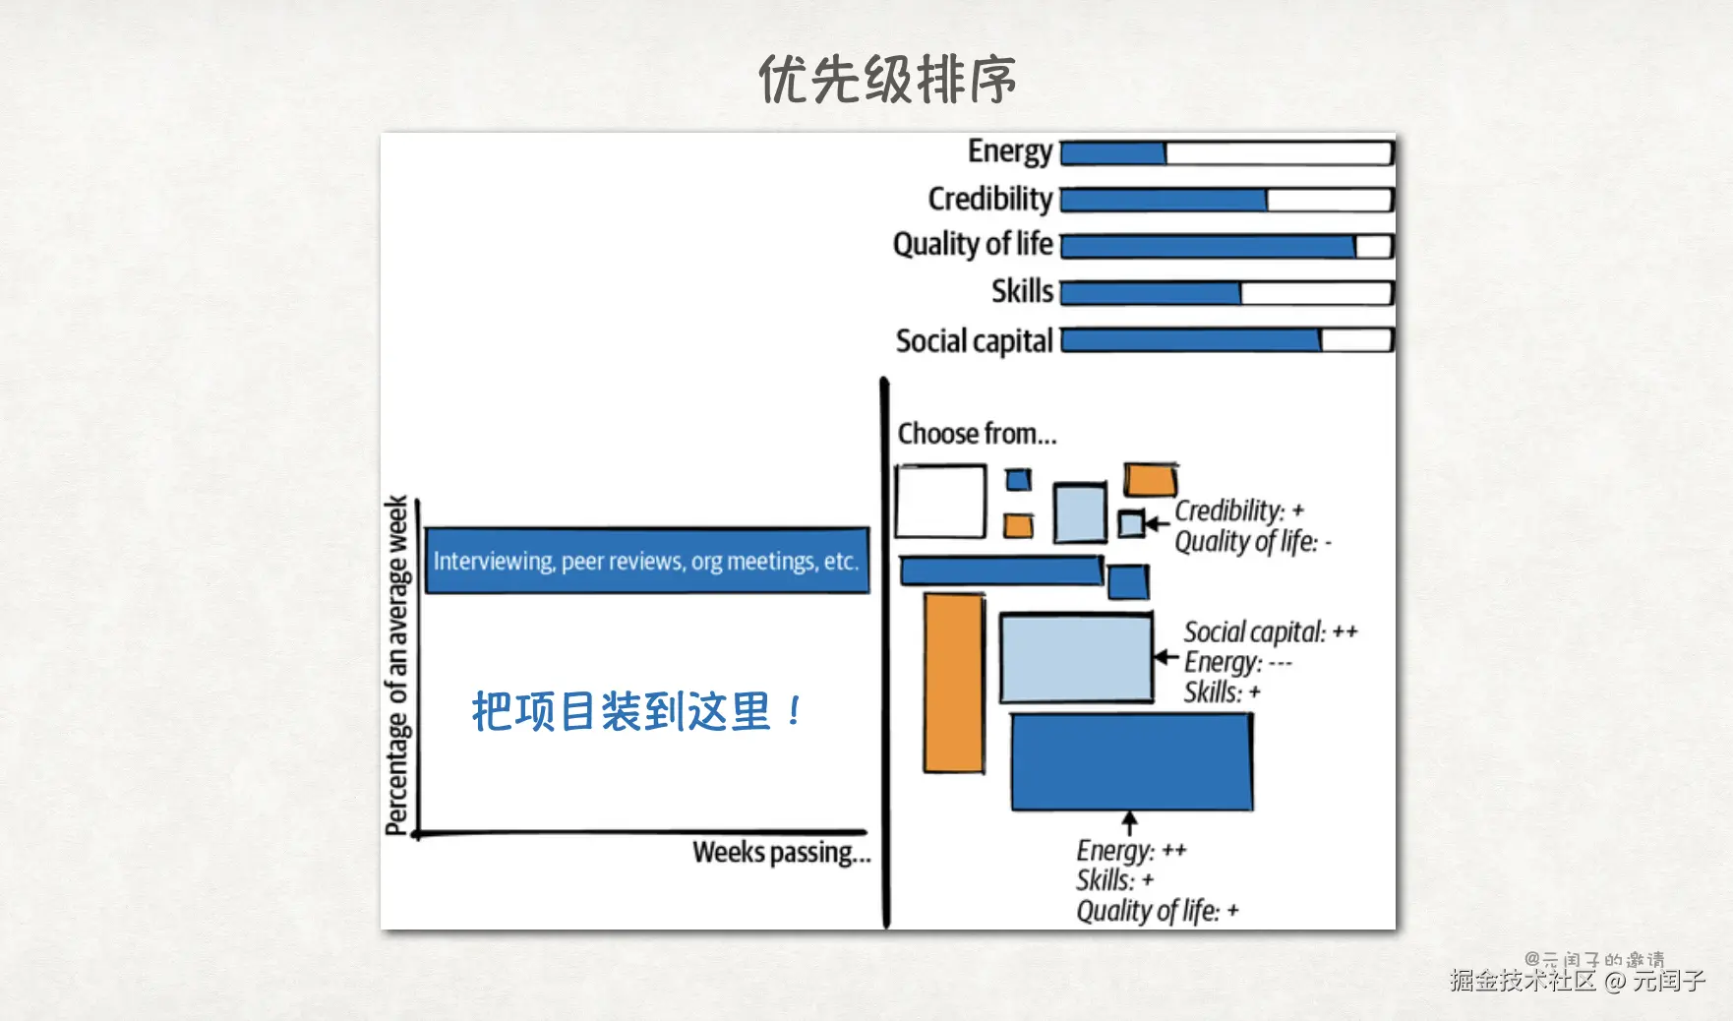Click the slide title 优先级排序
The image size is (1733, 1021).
coord(887,79)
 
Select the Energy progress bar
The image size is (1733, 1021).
coord(1227,152)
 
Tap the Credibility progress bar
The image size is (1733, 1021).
coord(1227,200)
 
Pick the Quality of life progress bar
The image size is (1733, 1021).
coord(1227,246)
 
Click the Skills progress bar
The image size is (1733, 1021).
coord(1227,292)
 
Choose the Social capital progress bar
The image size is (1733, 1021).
coord(1227,340)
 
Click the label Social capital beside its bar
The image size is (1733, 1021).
coord(974,341)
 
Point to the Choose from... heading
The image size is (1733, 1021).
coord(977,434)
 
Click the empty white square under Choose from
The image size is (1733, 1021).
coord(940,502)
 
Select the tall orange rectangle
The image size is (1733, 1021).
coord(954,683)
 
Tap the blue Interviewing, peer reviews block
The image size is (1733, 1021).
coord(647,561)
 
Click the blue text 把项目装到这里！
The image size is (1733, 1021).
coord(638,711)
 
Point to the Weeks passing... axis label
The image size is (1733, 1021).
coord(782,852)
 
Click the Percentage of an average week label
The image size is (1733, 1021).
coord(396,665)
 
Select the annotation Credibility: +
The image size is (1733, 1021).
coord(1239,511)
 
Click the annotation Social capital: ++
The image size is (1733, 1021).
coord(1271,631)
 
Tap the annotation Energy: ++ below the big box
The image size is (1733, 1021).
coord(1131,850)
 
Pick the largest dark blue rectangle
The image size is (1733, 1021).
coord(1132,762)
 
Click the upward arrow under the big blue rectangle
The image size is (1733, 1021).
coord(1130,823)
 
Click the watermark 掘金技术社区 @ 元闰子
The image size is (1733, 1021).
coord(1578,980)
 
